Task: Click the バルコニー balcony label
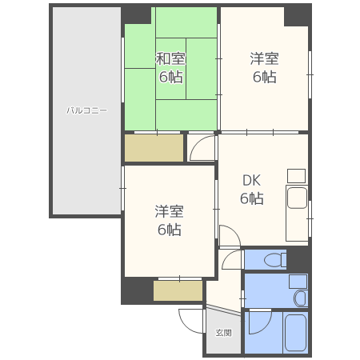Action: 86,110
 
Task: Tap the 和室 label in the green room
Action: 170,58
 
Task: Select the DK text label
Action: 251,181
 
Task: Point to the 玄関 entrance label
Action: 223,333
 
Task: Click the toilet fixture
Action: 274,259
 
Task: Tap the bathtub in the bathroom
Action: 295,333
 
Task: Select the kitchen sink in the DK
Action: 297,198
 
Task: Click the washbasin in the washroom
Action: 301,298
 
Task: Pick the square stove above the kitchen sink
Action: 296,176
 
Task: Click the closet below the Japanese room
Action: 154,148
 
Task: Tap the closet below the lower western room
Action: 178,290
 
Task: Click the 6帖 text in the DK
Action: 252,198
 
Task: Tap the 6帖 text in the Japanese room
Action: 171,77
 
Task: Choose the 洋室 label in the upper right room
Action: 264,58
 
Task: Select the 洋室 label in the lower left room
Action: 169,211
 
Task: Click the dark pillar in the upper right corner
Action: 297,16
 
